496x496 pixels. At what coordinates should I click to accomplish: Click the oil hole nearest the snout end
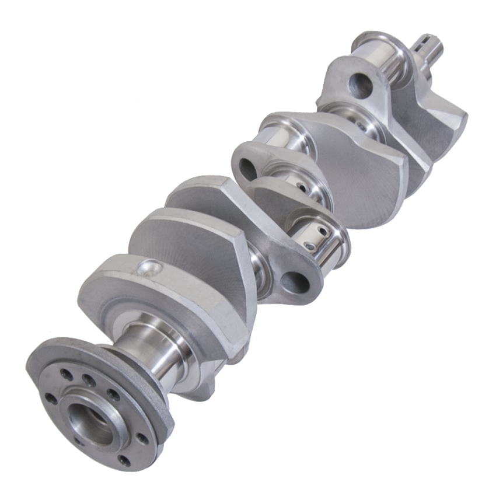pos(364,126)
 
